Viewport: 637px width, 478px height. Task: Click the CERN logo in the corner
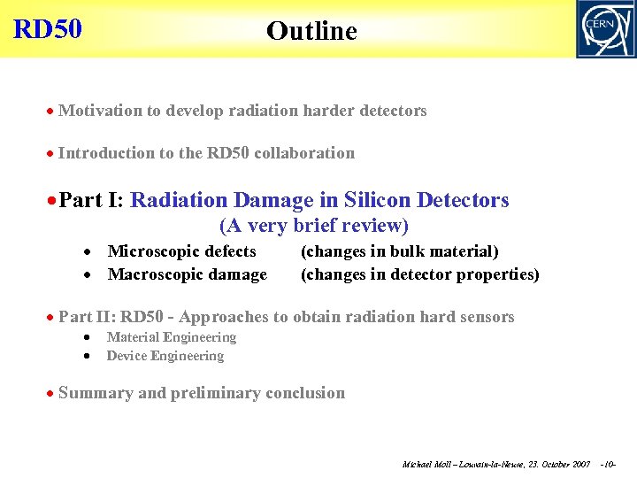coord(605,28)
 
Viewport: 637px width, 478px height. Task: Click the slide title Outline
coord(311,31)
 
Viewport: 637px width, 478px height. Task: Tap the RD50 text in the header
coord(48,29)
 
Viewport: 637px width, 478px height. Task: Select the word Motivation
coord(100,111)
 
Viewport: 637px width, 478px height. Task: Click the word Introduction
coord(105,153)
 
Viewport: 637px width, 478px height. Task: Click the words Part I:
coord(92,201)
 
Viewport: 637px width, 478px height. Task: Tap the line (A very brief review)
coord(313,226)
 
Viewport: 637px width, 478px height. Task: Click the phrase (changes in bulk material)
coord(399,252)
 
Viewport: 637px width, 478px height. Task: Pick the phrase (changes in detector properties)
coord(419,274)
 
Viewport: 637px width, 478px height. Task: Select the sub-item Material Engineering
coord(171,337)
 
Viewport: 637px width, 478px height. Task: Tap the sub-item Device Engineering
coord(165,356)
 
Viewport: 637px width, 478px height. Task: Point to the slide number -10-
coord(607,464)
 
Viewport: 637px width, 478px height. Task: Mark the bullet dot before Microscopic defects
coord(89,253)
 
